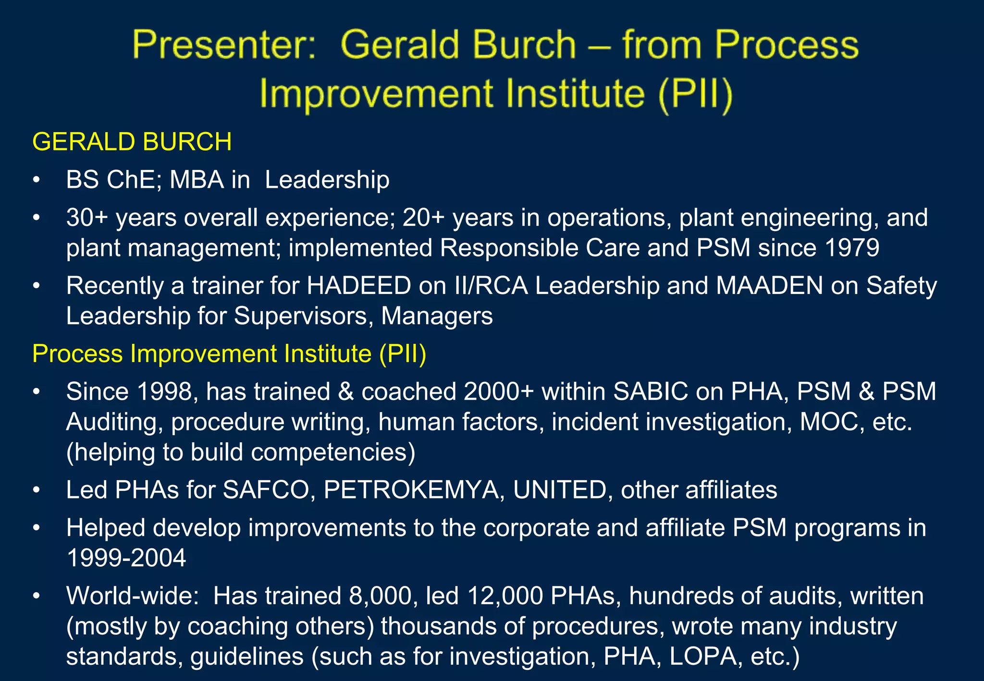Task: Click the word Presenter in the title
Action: [224, 45]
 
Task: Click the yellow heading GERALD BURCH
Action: [132, 142]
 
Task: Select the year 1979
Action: [851, 248]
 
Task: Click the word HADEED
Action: [359, 286]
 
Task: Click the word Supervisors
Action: [303, 316]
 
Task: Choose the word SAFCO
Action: [266, 490]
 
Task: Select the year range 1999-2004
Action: [126, 559]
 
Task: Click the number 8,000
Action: [383, 596]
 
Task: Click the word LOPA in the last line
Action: [703, 657]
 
